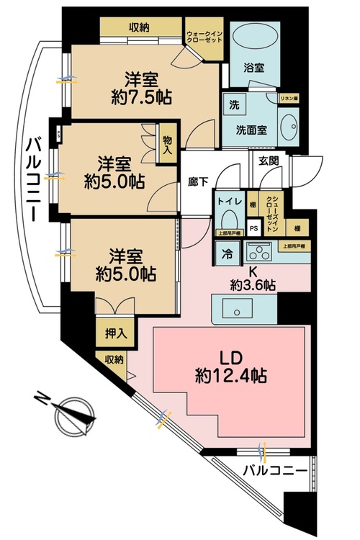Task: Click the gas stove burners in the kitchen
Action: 258,253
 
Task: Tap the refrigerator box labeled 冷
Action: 226,253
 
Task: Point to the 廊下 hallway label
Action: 199,183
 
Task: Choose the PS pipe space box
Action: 253,230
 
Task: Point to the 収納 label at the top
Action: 138,27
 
